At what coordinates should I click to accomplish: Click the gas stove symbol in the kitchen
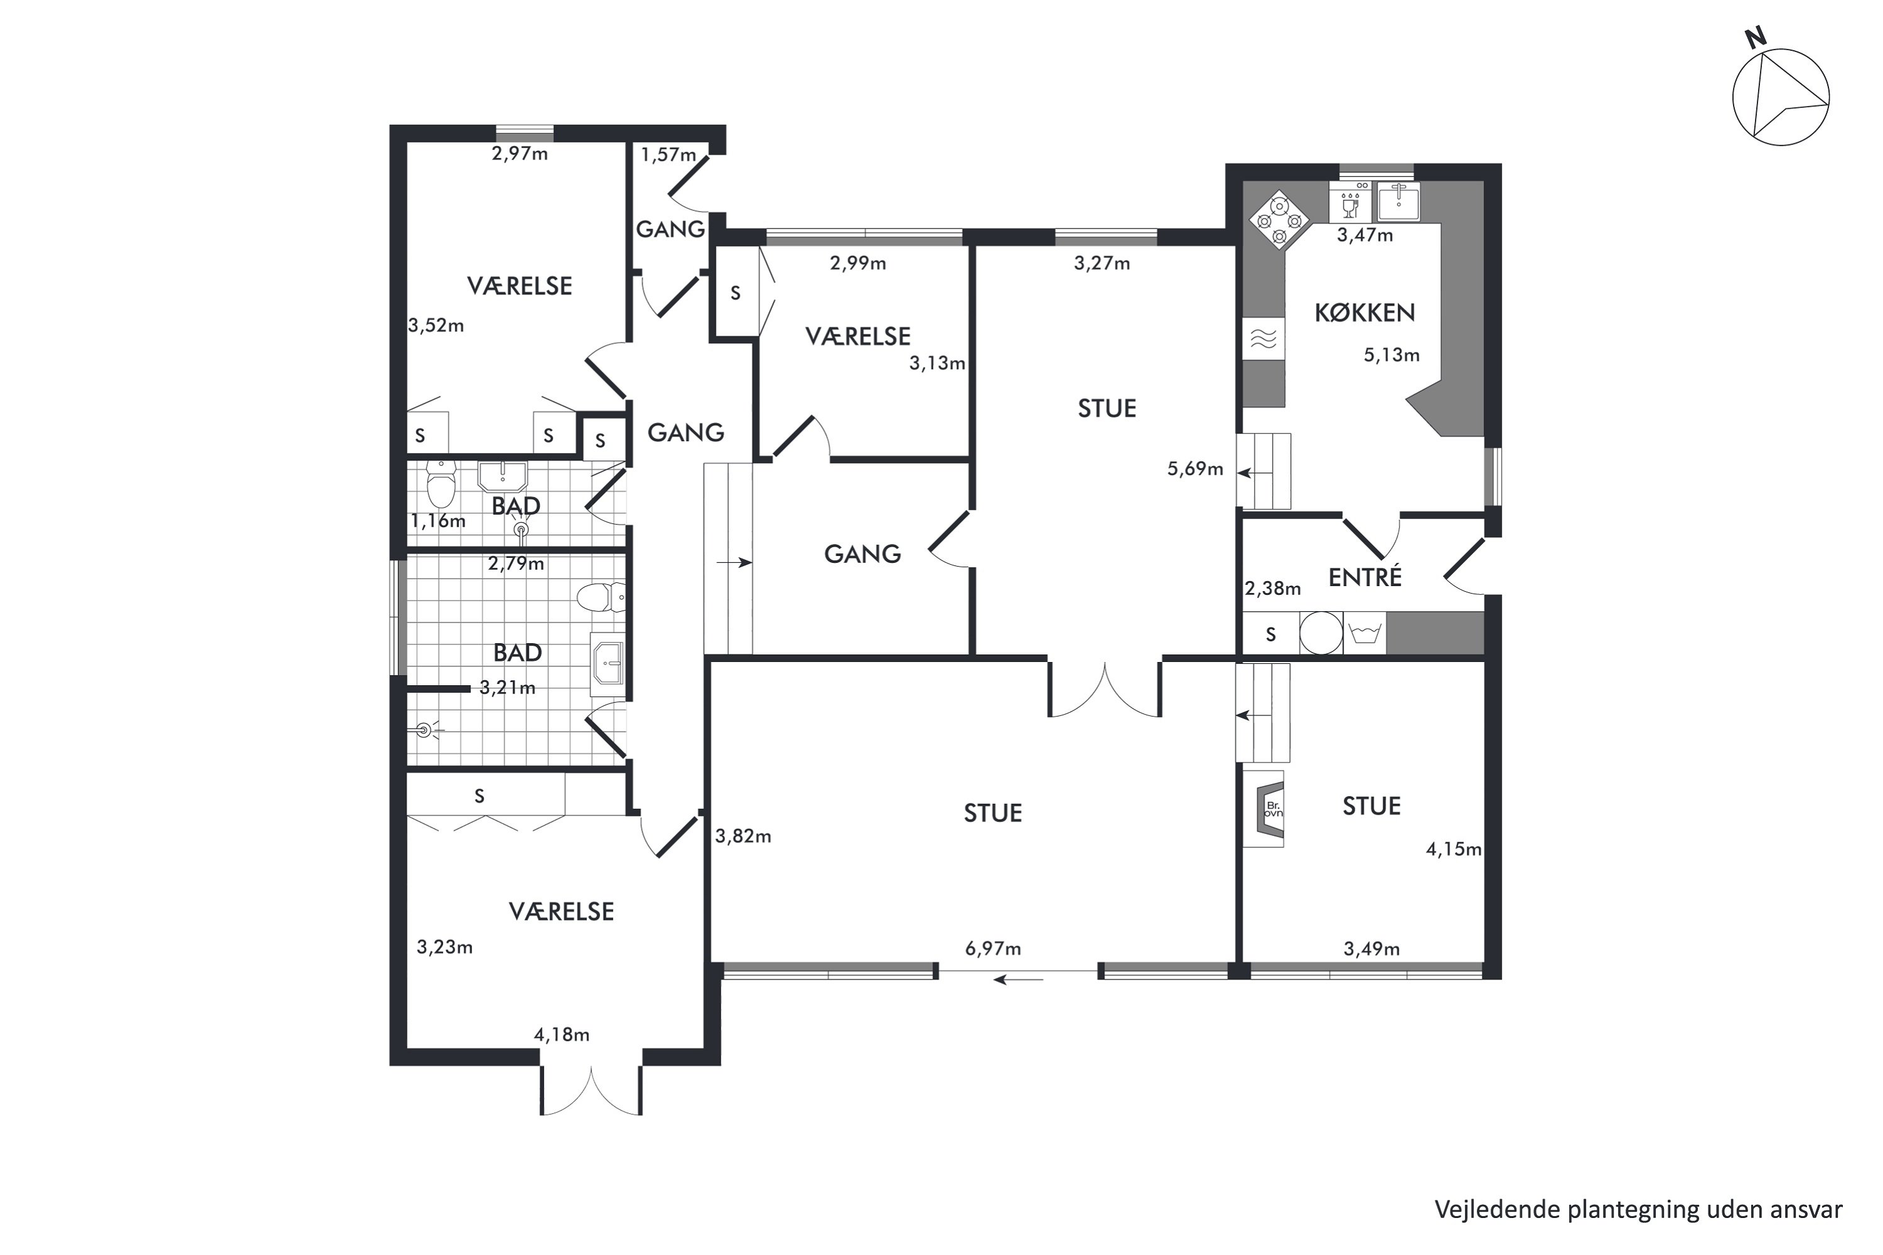pyautogui.click(x=1279, y=220)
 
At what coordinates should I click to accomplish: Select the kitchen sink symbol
pyautogui.click(x=1398, y=201)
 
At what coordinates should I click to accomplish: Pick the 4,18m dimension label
pyautogui.click(x=561, y=1034)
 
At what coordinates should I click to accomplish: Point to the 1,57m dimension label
pyautogui.click(x=668, y=154)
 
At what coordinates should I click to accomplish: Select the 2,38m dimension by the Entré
pyautogui.click(x=1272, y=589)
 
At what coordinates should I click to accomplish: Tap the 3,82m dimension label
pyautogui.click(x=743, y=836)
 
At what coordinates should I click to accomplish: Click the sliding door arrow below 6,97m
pyautogui.click(x=1018, y=979)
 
